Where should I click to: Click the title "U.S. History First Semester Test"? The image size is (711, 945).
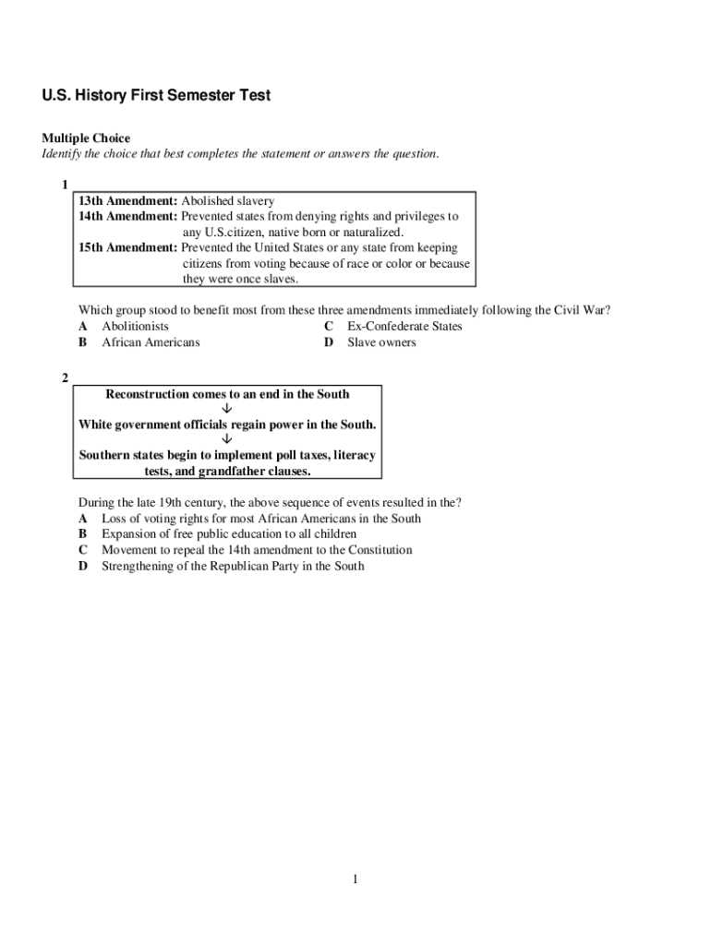(x=156, y=96)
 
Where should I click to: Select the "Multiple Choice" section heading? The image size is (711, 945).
(x=86, y=138)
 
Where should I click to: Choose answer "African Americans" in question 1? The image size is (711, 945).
(x=151, y=342)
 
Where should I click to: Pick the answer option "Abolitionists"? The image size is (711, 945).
(x=135, y=327)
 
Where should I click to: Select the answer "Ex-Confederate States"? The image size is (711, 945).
(x=404, y=327)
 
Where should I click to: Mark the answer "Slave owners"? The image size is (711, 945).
(x=381, y=342)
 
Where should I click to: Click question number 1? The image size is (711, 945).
(x=65, y=185)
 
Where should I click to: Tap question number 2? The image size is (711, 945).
(x=65, y=378)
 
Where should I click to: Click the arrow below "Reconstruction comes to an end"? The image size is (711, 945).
(x=227, y=409)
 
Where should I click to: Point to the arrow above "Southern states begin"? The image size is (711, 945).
(x=227, y=439)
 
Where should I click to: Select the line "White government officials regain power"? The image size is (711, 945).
(x=227, y=425)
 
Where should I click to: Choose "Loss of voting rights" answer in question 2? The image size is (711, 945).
(x=261, y=519)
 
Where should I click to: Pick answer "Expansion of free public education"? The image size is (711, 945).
(x=229, y=534)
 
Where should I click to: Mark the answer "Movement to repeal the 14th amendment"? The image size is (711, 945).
(x=257, y=550)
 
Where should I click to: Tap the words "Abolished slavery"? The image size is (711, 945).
(x=228, y=200)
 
